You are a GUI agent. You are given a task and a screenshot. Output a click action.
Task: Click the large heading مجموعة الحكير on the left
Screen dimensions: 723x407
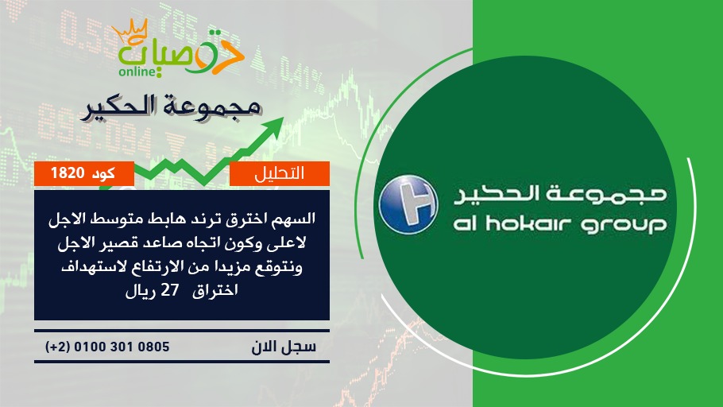coord(172,107)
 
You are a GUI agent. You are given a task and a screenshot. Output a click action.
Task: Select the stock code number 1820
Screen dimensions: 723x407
coord(68,173)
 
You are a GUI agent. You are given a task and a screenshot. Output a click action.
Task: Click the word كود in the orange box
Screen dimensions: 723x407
coord(104,173)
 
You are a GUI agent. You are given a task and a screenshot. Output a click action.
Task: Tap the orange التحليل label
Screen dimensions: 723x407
coord(280,173)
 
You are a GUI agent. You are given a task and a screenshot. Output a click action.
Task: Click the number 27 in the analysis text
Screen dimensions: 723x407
coord(169,290)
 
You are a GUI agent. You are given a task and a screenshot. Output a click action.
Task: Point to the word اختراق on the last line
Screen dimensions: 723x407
coord(215,291)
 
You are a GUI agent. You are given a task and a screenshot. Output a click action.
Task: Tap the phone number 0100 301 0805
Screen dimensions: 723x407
coord(122,347)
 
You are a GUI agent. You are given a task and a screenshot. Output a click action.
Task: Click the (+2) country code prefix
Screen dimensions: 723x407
coord(58,347)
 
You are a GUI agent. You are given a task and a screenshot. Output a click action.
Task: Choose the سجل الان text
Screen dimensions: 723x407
coord(284,347)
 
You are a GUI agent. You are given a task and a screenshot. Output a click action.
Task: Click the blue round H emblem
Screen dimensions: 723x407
coord(408,204)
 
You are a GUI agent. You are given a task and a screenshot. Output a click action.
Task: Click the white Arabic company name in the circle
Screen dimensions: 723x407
coord(560,194)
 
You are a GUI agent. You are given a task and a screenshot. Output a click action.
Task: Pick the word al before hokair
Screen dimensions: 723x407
coord(465,224)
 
